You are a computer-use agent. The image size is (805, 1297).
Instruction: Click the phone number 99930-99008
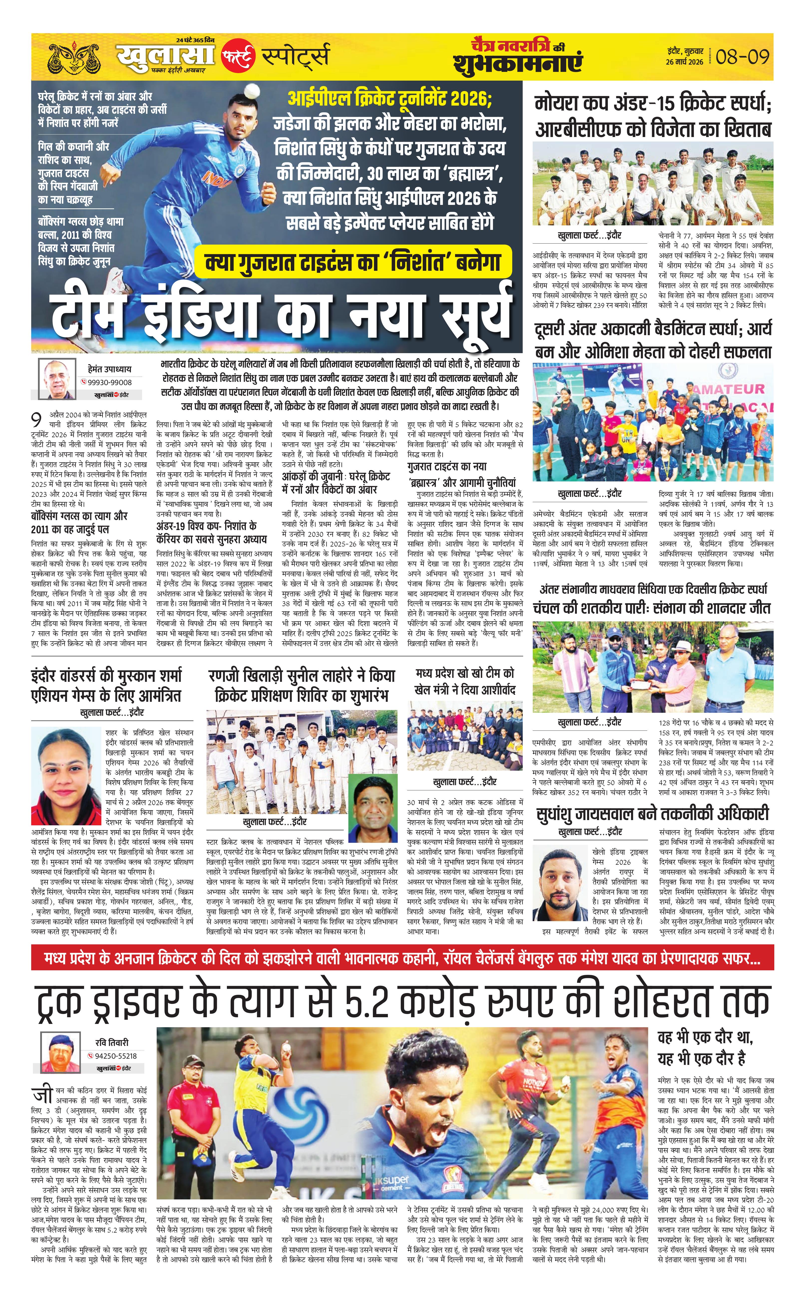click(x=110, y=382)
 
